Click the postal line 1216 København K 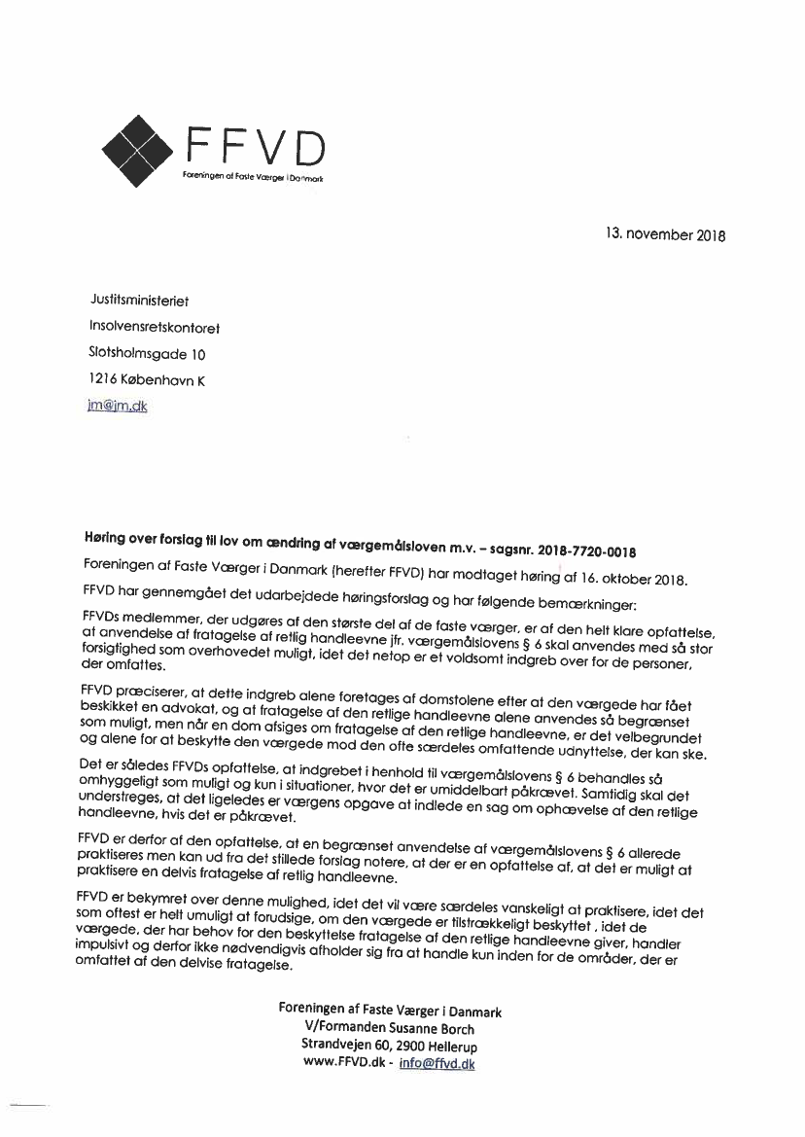pyautogui.click(x=147, y=381)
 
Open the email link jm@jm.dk pyautogui.click(x=118, y=407)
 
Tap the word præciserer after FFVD pyautogui.click(x=153, y=690)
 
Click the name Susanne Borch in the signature pyautogui.click(x=433, y=1029)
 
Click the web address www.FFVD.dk pyautogui.click(x=344, y=1064)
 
